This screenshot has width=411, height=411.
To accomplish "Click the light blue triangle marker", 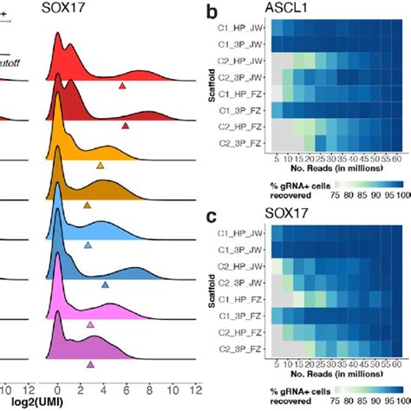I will (88, 245).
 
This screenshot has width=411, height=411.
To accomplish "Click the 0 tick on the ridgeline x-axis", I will (56, 388).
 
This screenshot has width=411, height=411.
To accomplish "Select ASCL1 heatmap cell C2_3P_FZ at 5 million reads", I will (276, 141).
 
